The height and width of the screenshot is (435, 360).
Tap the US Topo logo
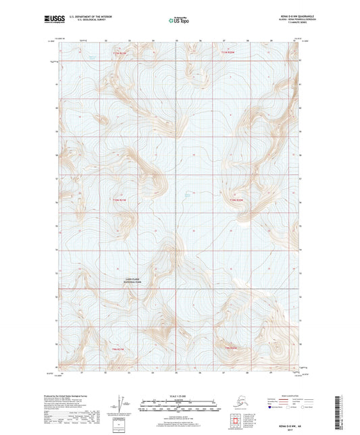click(x=178, y=21)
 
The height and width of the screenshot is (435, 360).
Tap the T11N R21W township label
click(x=120, y=53)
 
